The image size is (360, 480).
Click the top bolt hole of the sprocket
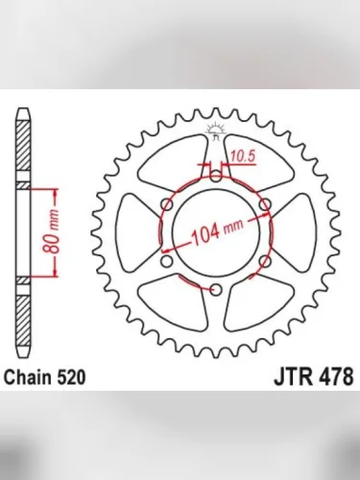point(215,177)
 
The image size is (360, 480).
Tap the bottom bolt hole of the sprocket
point(215,289)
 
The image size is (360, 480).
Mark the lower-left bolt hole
point(166,260)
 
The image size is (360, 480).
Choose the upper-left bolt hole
point(166,204)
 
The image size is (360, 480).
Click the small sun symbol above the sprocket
point(215,134)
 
